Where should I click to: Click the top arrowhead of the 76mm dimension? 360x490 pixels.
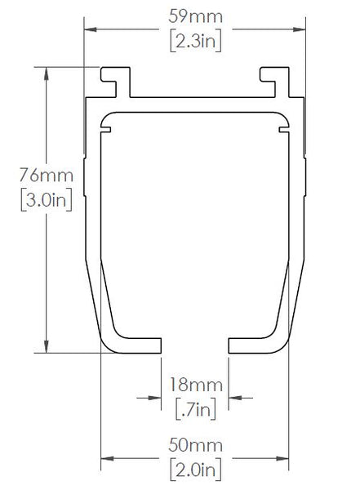(x=46, y=73)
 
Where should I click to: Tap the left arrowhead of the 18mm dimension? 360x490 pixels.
(x=155, y=398)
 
